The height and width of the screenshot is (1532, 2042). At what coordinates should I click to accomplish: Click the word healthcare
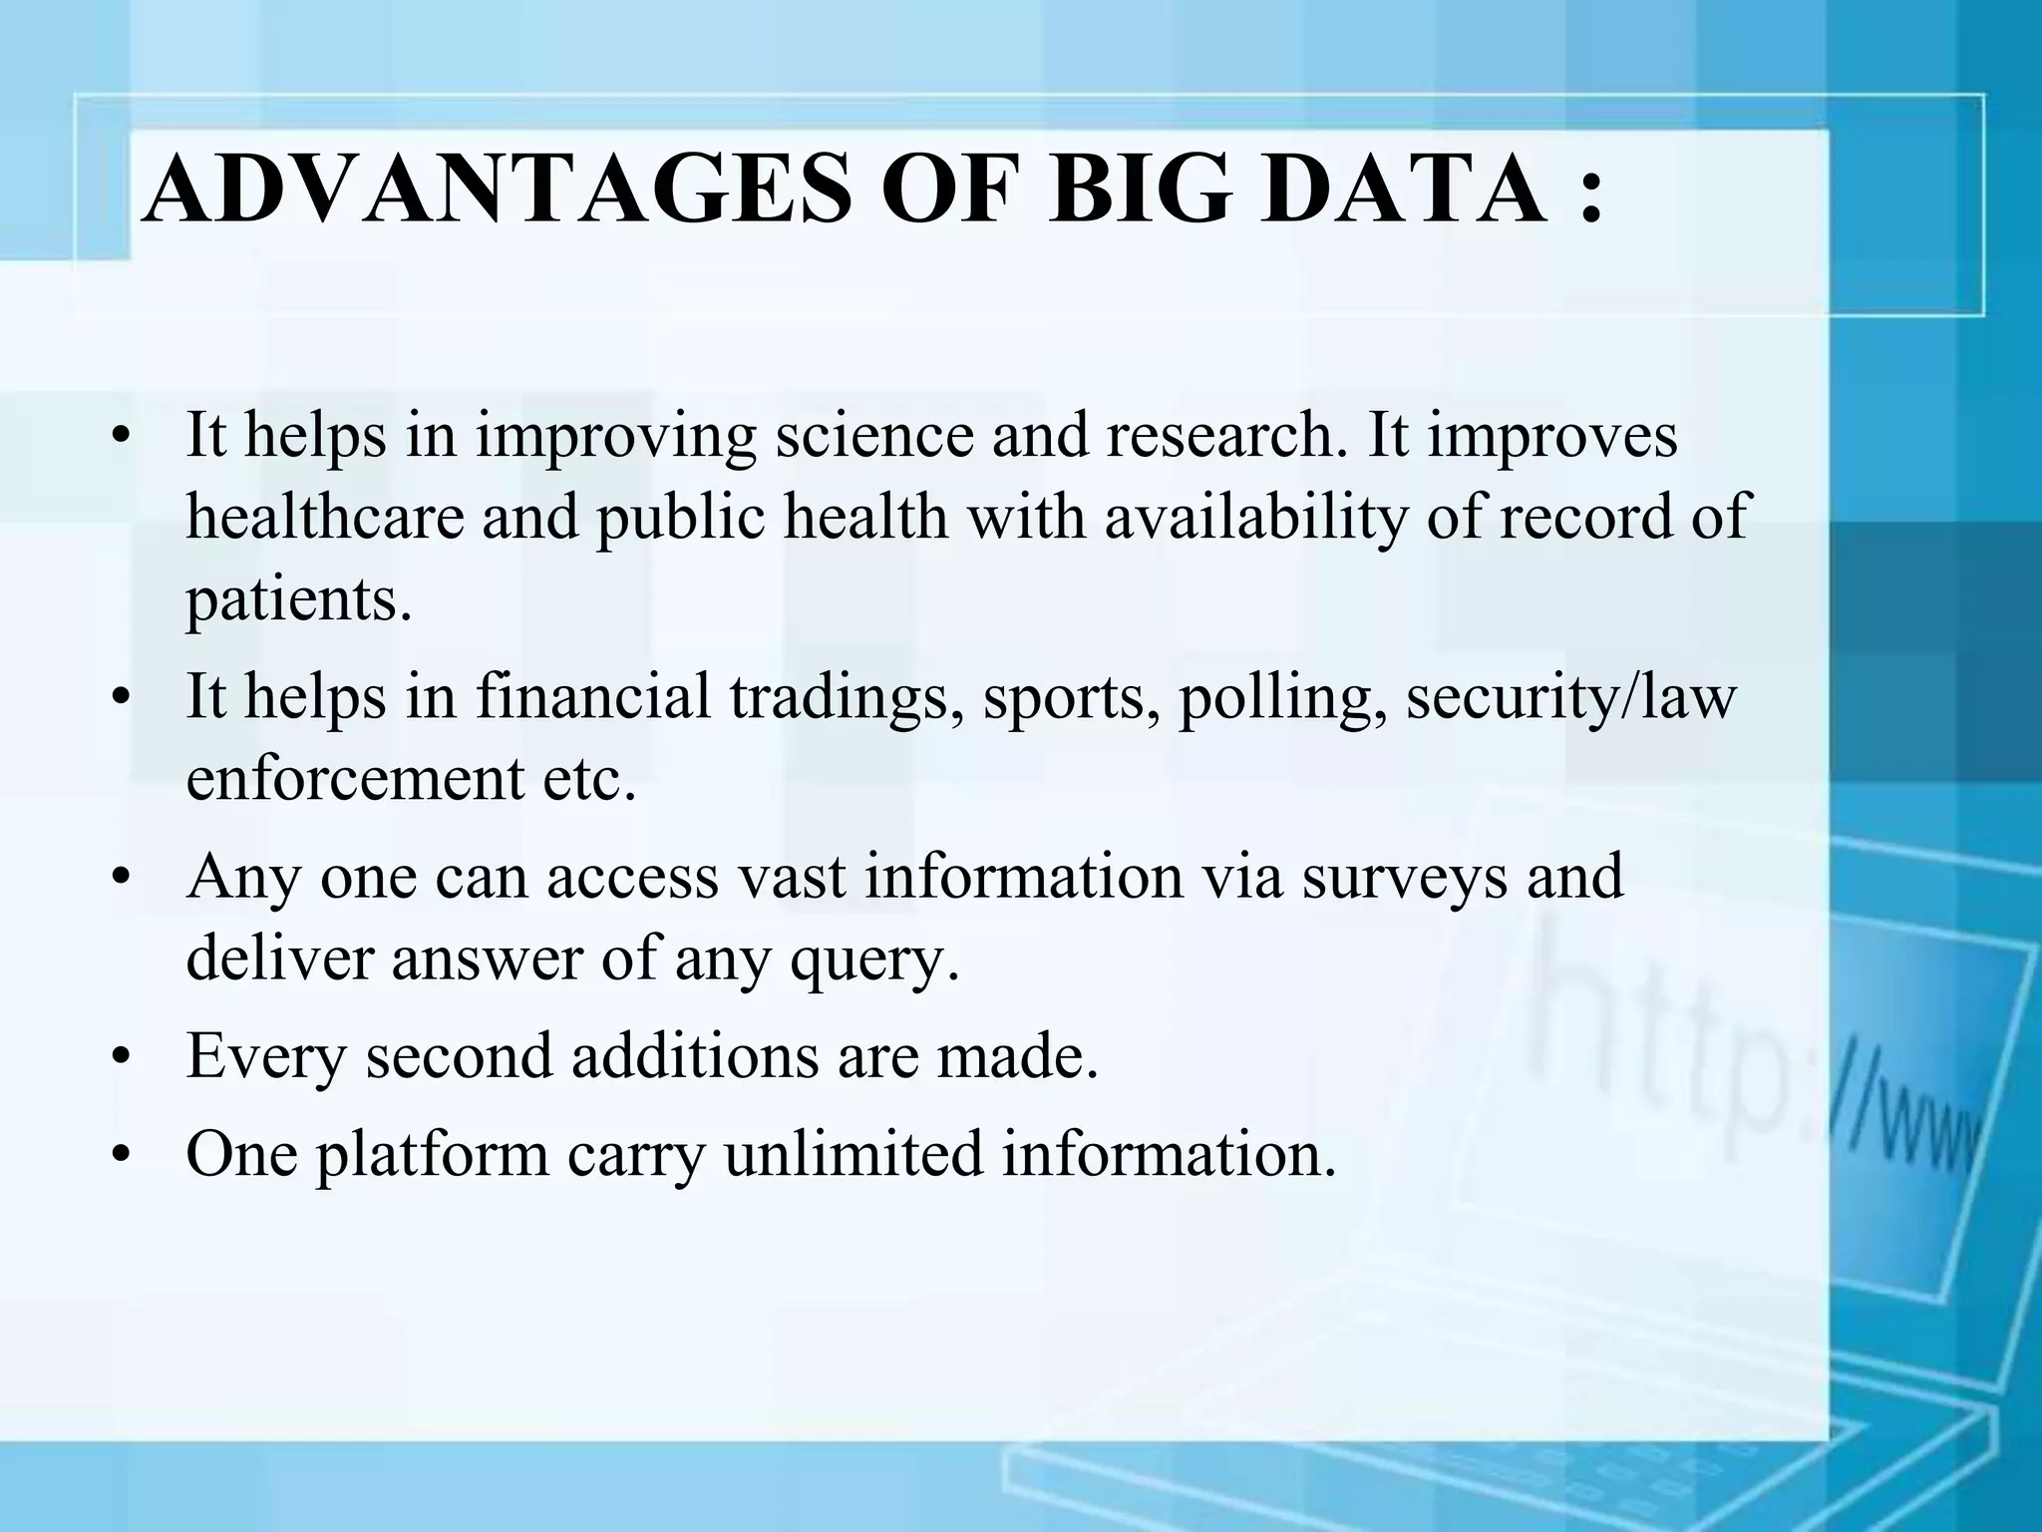[325, 519]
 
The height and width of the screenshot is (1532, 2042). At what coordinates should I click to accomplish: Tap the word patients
[298, 601]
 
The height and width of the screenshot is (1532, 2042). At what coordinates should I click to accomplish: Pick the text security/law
[1571, 698]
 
